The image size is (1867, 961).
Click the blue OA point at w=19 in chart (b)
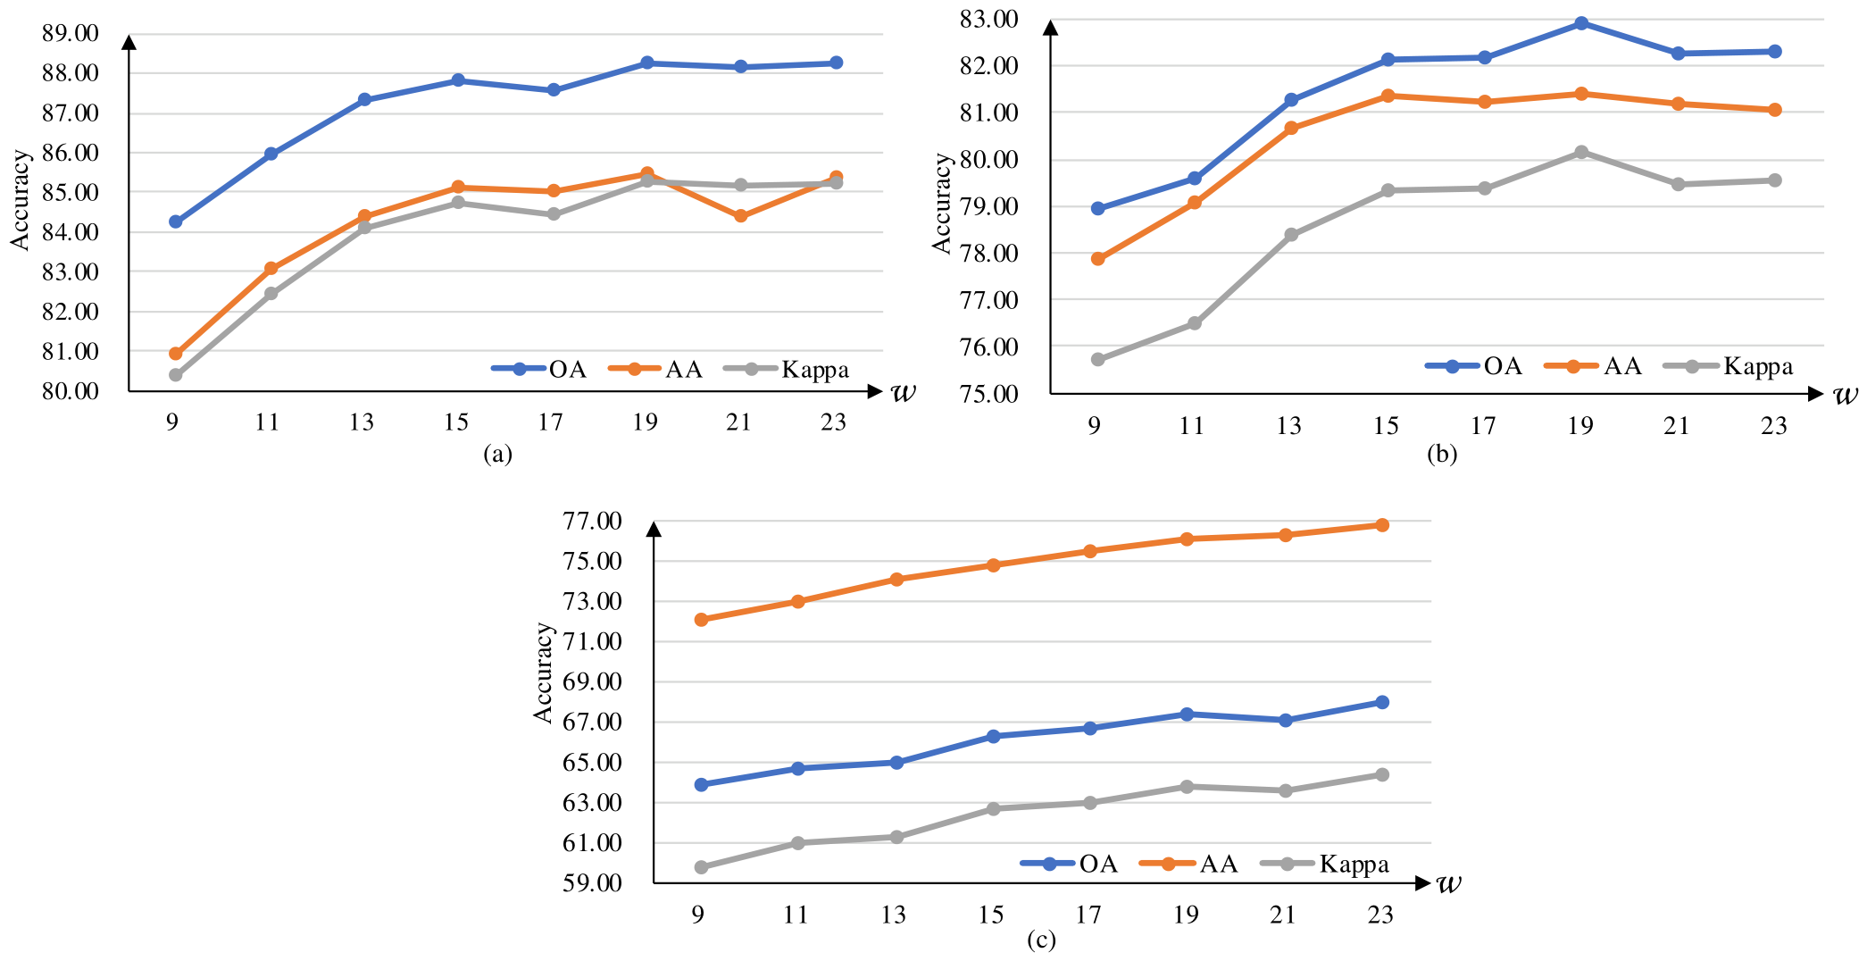[1580, 23]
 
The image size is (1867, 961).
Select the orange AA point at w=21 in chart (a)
[741, 216]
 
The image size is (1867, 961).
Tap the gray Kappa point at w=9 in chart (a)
[176, 375]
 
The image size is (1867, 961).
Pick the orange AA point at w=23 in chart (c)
[1382, 525]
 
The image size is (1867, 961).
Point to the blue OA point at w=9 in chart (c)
[701, 785]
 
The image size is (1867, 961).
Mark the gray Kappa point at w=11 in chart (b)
[1195, 323]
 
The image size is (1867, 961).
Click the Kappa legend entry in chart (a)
[786, 370]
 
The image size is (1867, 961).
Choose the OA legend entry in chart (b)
[1474, 366]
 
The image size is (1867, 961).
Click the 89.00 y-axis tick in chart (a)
[71, 34]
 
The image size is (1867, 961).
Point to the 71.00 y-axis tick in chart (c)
[593, 641]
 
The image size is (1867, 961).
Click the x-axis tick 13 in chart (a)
[362, 422]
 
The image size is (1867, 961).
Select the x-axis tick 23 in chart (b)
[1774, 426]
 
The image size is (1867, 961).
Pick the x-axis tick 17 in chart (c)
[1089, 915]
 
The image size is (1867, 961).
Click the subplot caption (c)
[1041, 940]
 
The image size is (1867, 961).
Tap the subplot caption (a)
[498, 454]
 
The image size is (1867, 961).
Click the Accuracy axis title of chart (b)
[942, 203]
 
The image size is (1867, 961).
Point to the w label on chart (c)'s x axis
[1449, 883]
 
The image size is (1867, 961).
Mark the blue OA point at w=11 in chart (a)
[271, 154]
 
